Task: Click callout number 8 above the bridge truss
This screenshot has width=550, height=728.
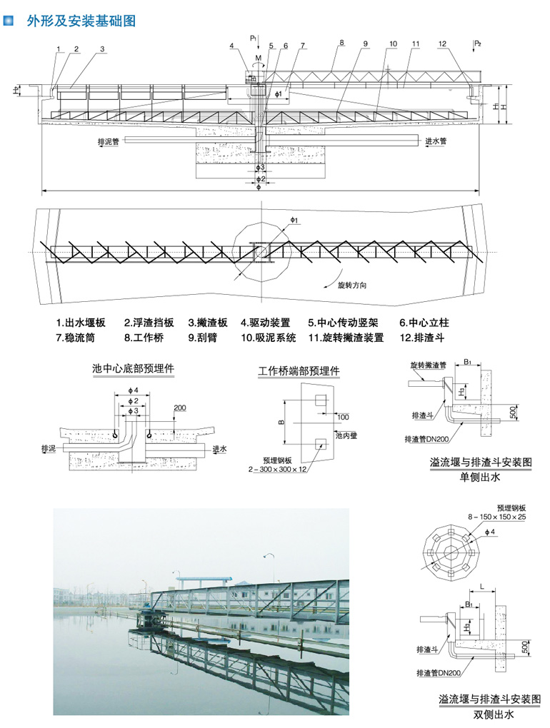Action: (x=342, y=43)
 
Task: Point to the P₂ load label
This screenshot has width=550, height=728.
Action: (x=478, y=44)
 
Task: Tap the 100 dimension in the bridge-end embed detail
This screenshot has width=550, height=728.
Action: (x=343, y=416)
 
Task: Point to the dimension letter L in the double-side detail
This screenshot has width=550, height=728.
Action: (x=483, y=585)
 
